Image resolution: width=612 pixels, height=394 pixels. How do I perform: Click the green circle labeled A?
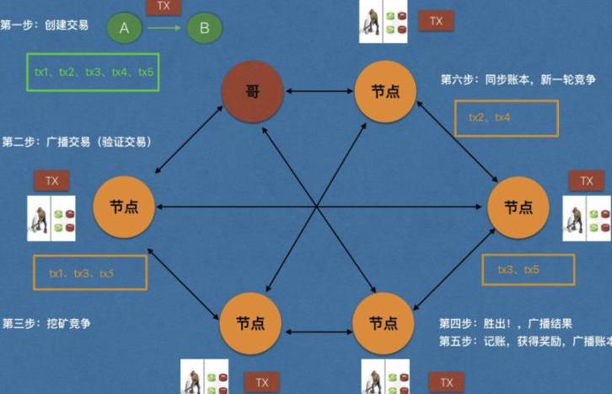(125, 29)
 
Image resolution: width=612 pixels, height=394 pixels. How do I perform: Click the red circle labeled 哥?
(252, 90)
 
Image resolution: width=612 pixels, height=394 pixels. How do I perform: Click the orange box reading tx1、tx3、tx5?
(90, 273)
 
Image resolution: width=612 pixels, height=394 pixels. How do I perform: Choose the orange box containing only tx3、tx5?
(529, 270)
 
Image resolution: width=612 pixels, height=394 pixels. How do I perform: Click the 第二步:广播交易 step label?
(77, 142)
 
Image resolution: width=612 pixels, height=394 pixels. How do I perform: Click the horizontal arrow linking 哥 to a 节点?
(319, 90)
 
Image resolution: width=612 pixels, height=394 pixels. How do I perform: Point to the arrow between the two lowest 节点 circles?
(319, 322)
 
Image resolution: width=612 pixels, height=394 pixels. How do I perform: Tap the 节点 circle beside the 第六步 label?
(384, 90)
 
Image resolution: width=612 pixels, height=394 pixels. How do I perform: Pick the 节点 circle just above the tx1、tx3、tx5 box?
(123, 207)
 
